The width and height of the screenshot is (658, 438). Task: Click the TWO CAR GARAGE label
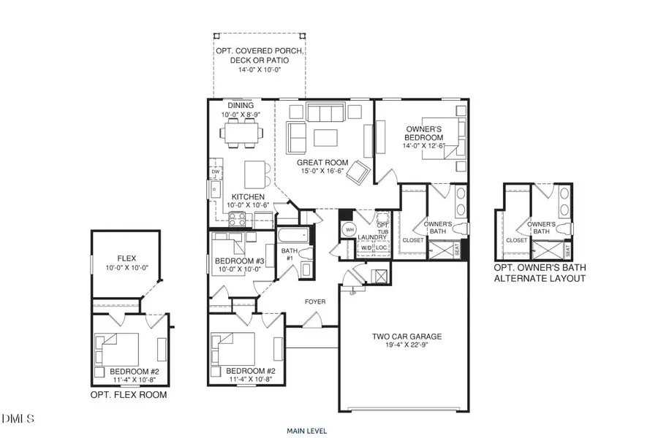tap(406, 337)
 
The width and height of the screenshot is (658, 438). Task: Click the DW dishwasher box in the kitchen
tap(216, 172)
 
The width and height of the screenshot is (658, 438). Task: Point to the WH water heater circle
tap(349, 230)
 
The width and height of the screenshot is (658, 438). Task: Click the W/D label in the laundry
tap(366, 248)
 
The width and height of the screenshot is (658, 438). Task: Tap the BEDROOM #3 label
tap(239, 261)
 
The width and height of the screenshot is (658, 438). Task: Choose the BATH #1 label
tap(289, 254)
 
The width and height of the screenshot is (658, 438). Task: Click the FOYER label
tap(315, 301)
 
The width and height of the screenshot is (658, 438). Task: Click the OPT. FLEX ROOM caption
tap(129, 395)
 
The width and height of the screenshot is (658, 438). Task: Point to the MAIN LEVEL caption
tap(307, 431)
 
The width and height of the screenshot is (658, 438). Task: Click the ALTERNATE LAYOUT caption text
tap(540, 279)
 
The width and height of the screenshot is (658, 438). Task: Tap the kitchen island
tap(254, 172)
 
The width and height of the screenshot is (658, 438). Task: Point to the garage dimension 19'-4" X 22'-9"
tap(406, 347)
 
